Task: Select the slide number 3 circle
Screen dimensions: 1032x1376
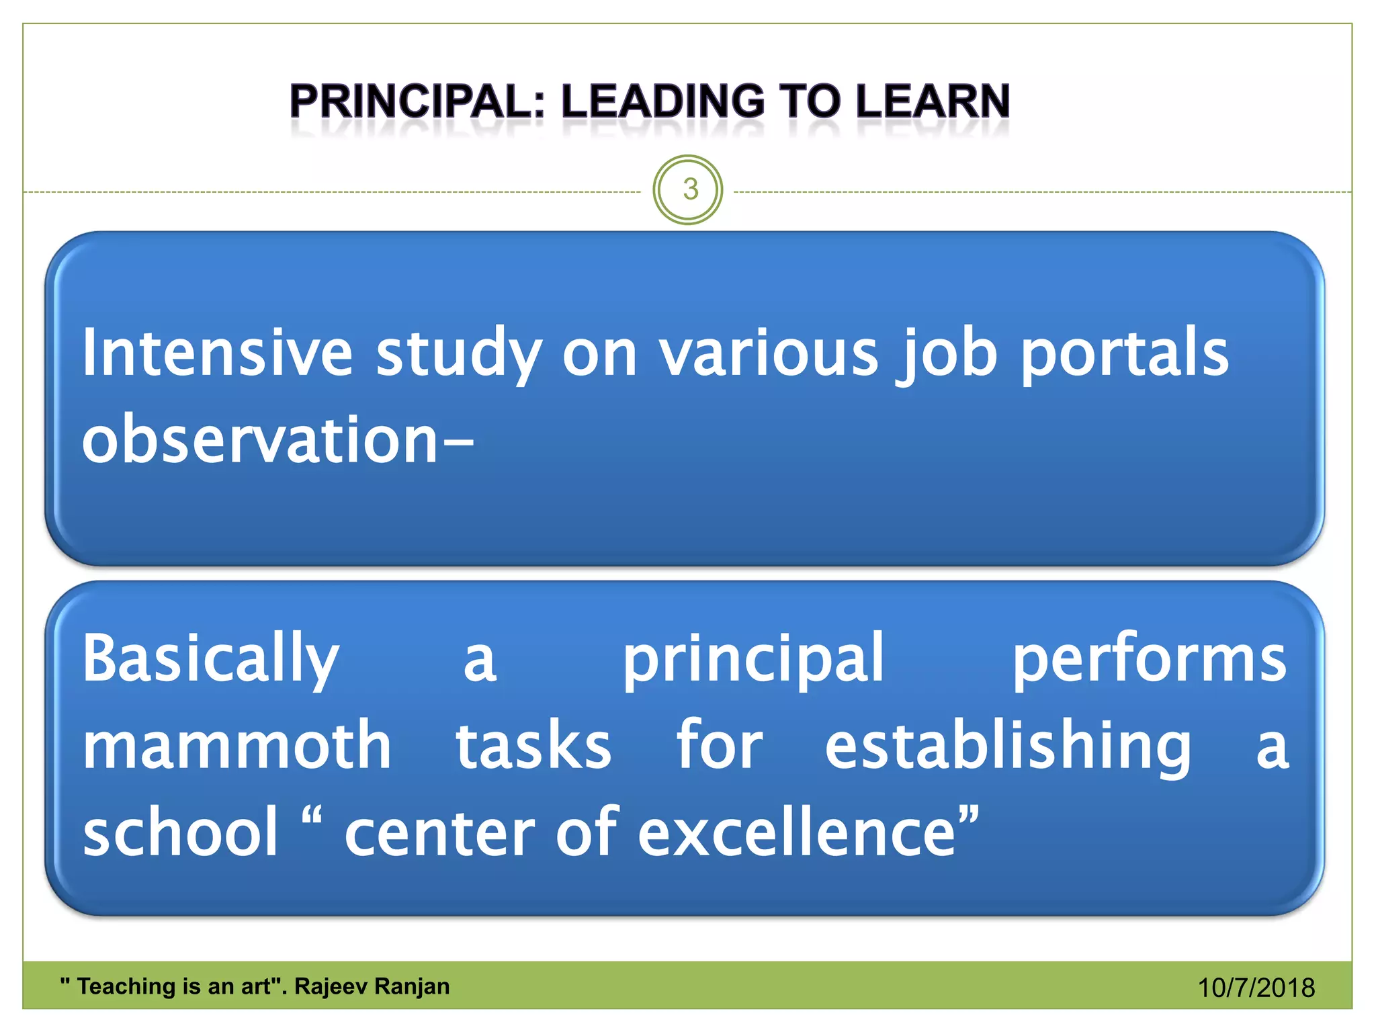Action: tap(688, 189)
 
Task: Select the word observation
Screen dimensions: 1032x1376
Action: tap(261, 440)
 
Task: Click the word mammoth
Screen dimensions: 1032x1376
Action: tap(236, 746)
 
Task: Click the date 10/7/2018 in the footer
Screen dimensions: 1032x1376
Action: tap(1256, 988)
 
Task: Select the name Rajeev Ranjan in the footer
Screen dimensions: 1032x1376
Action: tap(372, 986)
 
